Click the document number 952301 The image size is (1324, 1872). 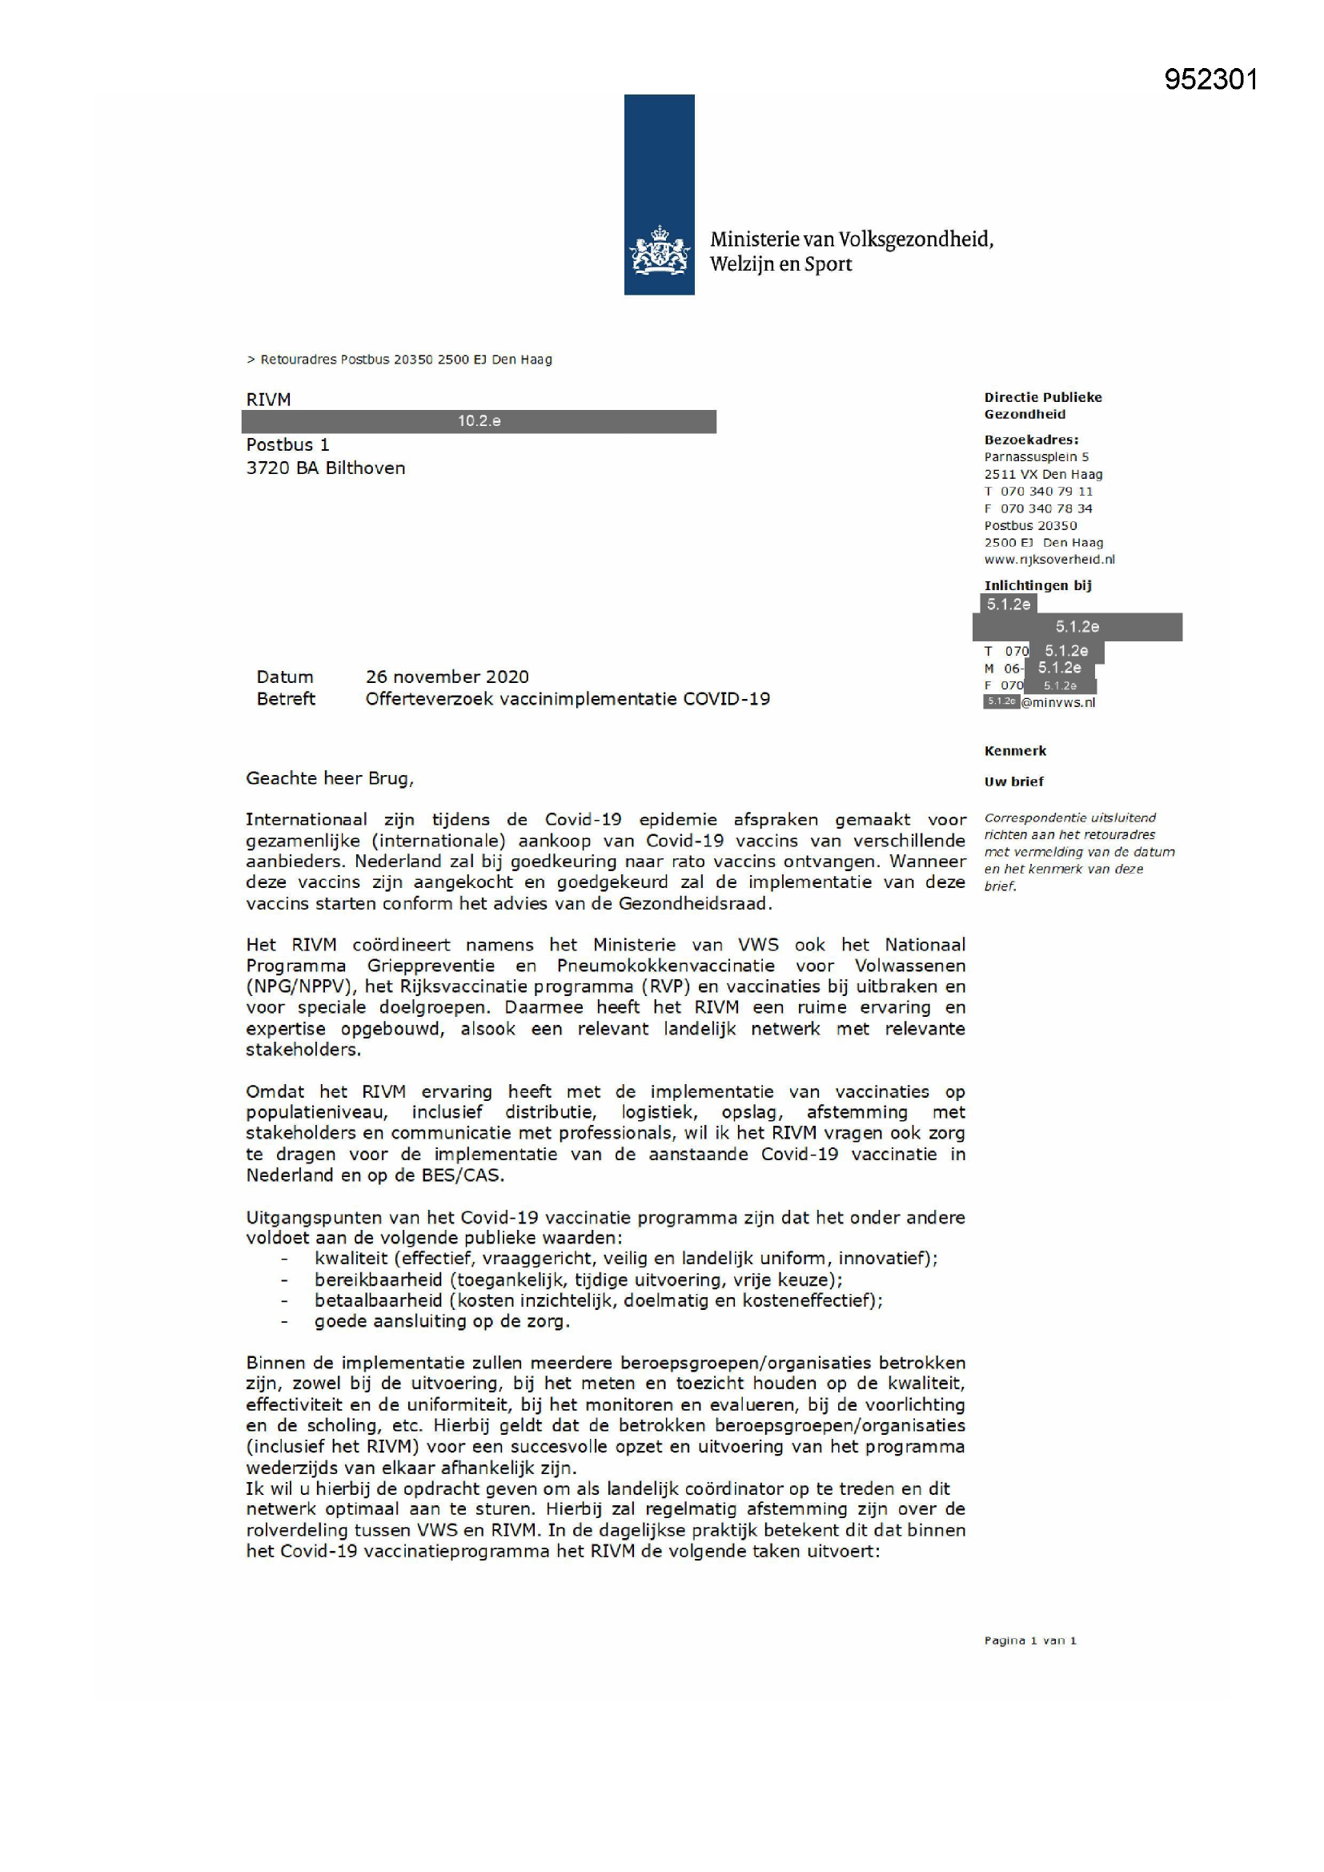pyautogui.click(x=1210, y=80)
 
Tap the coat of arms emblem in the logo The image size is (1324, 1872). pyautogui.click(x=659, y=252)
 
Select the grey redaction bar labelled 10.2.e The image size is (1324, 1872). pyautogui.click(x=479, y=421)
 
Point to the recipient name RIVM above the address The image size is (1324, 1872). pyautogui.click(x=268, y=400)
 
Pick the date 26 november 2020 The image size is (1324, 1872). pyautogui.click(x=447, y=677)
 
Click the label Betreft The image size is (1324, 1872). pyautogui.click(x=285, y=699)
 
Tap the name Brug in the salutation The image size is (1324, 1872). pyautogui.click(x=389, y=778)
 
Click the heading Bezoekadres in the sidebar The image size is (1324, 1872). pyautogui.click(x=1030, y=440)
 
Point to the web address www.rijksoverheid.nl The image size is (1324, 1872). pyautogui.click(x=1049, y=560)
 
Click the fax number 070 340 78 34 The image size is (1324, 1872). pyautogui.click(x=1046, y=508)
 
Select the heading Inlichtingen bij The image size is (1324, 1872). pyautogui.click(x=1037, y=585)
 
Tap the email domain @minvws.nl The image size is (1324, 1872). pyautogui.click(x=1058, y=703)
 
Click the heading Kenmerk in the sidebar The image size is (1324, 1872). pyautogui.click(x=1015, y=751)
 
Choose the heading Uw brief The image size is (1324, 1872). pyautogui.click(x=1013, y=782)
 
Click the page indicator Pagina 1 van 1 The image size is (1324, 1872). pyautogui.click(x=1029, y=1641)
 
